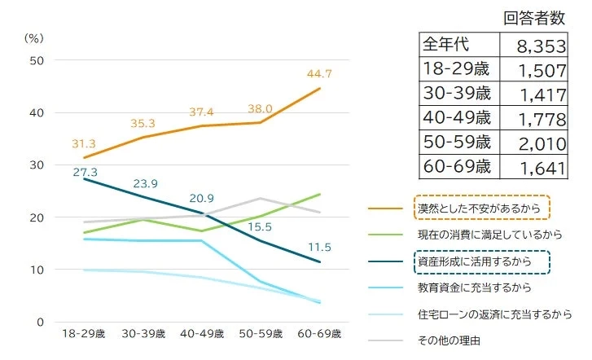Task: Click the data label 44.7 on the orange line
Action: click(x=318, y=74)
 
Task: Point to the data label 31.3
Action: click(x=83, y=143)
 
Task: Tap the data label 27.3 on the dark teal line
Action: click(x=83, y=172)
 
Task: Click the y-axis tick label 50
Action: click(x=36, y=60)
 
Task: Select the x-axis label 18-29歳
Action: click(x=83, y=334)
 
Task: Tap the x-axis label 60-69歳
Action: click(x=318, y=334)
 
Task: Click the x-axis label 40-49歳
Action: click(x=200, y=334)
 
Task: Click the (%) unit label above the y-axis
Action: click(x=33, y=37)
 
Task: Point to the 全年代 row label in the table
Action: click(x=445, y=44)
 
